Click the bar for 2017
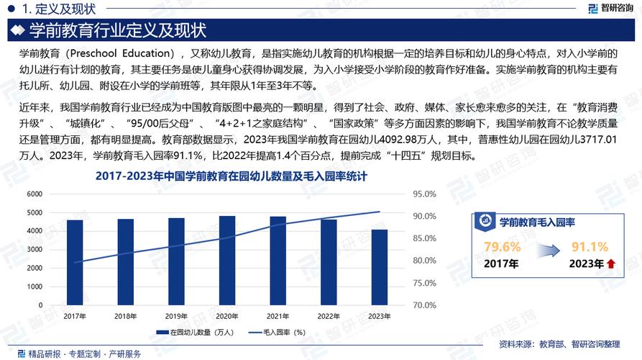(x=75, y=263)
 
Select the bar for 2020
(x=227, y=261)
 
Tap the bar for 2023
(x=380, y=268)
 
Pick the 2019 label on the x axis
(x=176, y=316)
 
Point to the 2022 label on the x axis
(x=329, y=316)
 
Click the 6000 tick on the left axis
(x=35, y=194)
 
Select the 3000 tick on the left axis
(x=35, y=250)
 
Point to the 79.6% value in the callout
(x=502, y=248)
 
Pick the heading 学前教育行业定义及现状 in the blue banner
(x=118, y=31)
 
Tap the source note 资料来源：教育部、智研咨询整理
(x=564, y=344)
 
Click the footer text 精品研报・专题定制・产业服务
(x=84, y=354)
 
